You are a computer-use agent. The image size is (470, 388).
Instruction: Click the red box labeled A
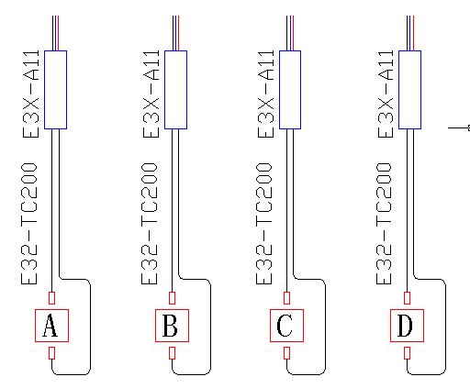(51, 326)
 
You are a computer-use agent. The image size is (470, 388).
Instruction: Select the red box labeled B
(172, 326)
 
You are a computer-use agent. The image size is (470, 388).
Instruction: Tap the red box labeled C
(286, 326)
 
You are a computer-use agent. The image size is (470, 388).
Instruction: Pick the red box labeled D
(407, 326)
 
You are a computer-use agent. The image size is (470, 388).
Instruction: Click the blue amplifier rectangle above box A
(55, 90)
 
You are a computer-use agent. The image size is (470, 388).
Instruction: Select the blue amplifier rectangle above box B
(175, 90)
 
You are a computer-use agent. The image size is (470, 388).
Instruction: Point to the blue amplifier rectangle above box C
(290, 90)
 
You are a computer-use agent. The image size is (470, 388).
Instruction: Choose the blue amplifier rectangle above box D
(409, 90)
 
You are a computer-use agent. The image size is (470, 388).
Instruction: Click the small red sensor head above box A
(52, 298)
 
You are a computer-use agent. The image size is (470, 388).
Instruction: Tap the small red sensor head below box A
(52, 353)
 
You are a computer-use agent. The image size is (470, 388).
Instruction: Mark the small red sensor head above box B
(173, 298)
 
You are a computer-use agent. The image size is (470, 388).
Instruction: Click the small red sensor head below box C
(286, 353)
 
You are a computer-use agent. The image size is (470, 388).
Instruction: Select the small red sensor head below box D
(407, 353)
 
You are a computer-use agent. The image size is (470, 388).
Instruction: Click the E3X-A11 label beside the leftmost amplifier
(31, 94)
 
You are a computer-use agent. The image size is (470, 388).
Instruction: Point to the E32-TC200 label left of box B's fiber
(150, 224)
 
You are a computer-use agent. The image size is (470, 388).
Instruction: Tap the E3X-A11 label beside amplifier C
(266, 94)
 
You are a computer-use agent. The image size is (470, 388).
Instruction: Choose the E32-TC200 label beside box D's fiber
(384, 224)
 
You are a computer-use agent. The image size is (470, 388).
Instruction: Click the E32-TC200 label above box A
(29, 224)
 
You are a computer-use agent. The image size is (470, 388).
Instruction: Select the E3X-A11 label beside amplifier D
(386, 94)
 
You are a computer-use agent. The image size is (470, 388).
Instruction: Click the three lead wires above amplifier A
(55, 33)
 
